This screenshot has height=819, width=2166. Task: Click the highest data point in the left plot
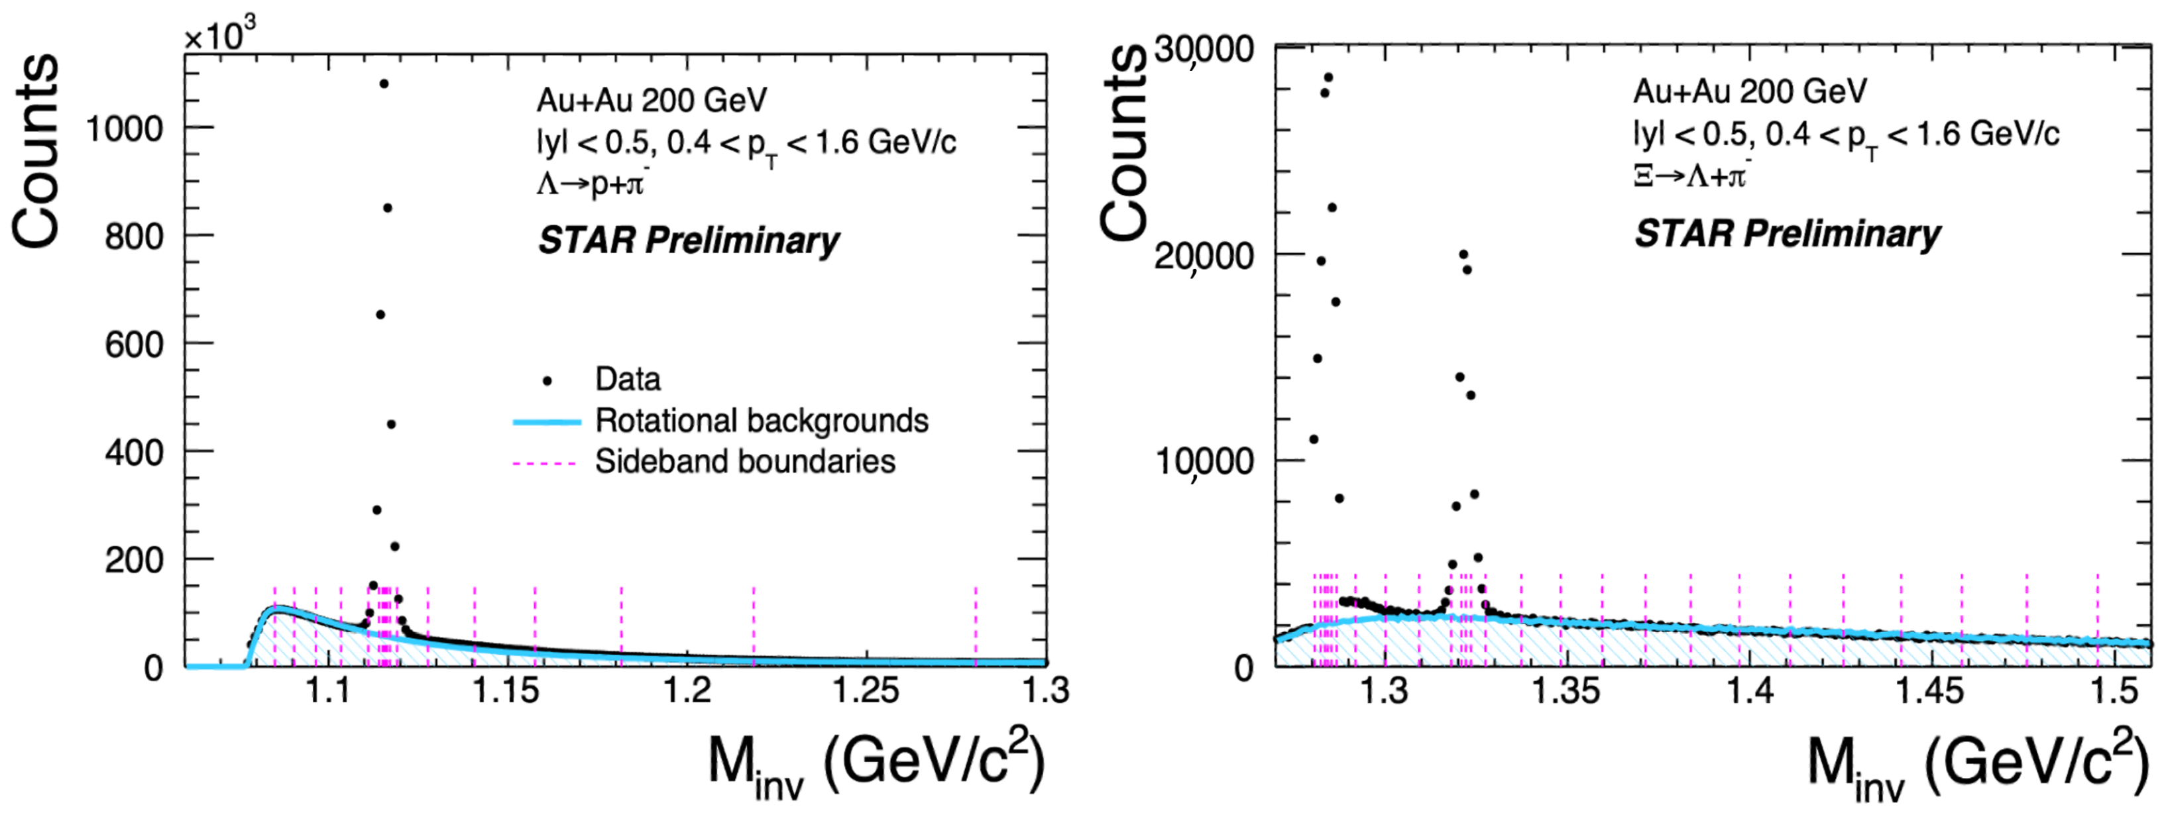[383, 83]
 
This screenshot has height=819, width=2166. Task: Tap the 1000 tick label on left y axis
[125, 129]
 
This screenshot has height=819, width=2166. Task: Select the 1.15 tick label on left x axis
[506, 691]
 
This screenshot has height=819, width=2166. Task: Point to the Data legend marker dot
[547, 381]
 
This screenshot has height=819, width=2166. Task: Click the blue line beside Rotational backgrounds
[547, 422]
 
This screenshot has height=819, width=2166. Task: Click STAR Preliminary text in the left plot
[688, 241]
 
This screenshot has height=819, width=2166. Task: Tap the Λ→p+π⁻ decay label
[593, 182]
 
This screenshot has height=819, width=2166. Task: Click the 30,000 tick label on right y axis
[1204, 49]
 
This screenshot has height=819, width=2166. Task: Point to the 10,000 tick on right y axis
[1204, 461]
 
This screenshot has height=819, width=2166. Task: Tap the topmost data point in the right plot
[1328, 78]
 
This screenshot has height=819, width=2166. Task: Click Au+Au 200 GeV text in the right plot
[1749, 91]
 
